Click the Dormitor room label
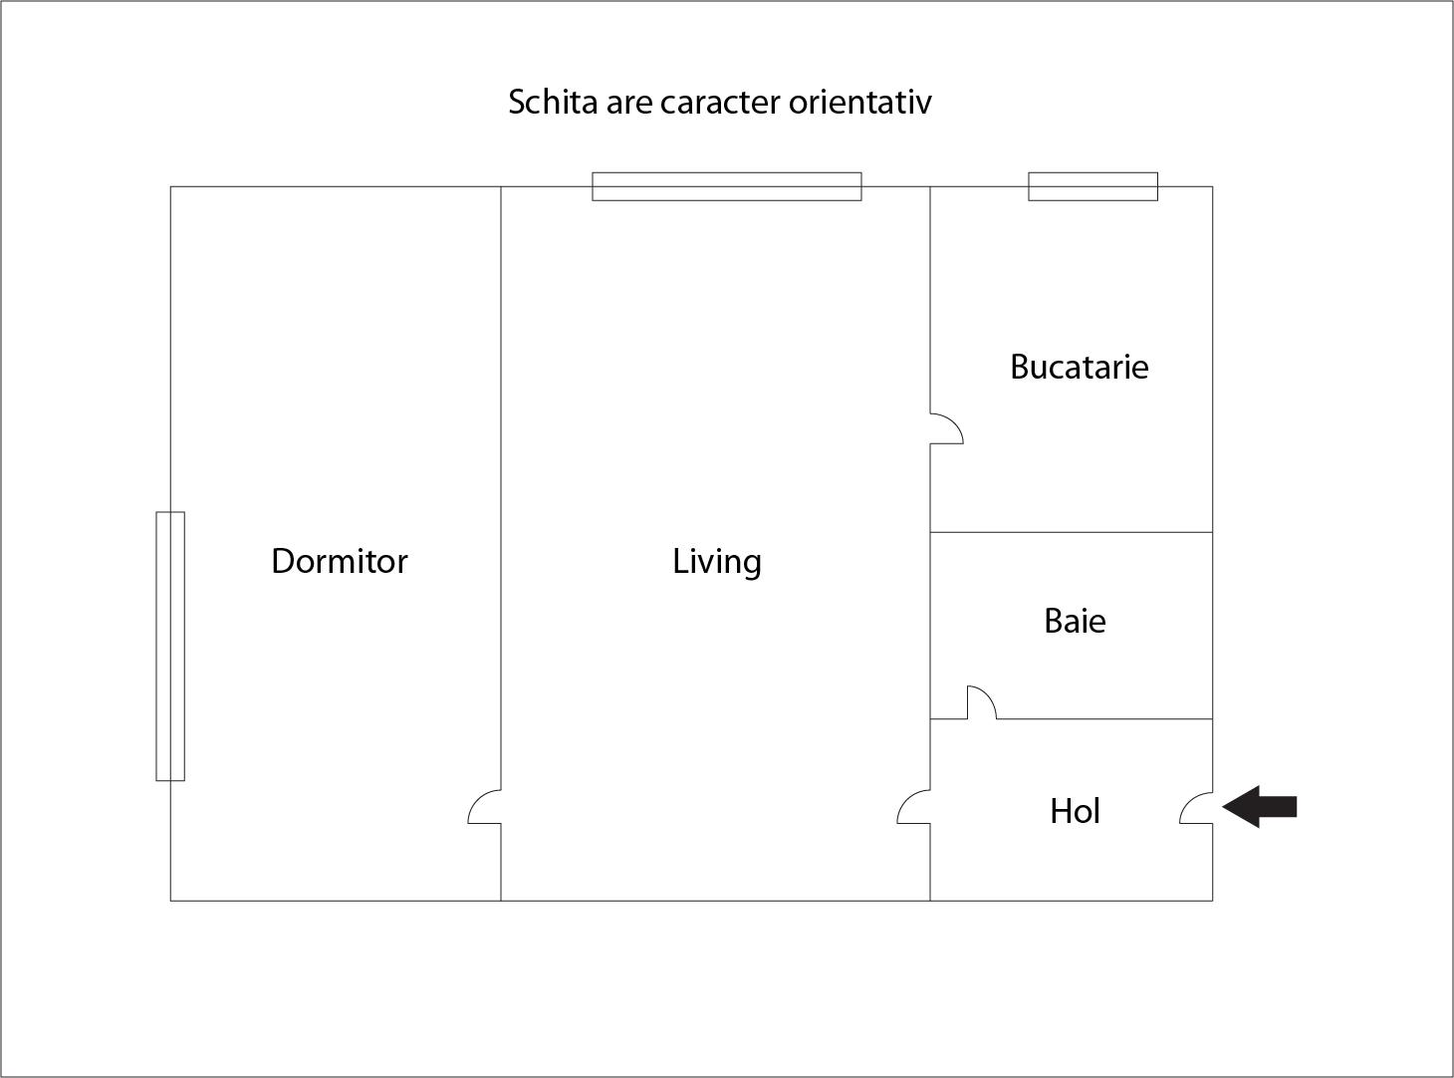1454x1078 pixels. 340,561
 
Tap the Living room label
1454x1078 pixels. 716,562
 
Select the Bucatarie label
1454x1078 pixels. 1079,367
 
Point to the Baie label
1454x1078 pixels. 1075,621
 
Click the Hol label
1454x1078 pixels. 1075,811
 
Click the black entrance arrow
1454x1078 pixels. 1260,806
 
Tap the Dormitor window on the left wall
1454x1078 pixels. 170,646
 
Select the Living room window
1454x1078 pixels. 726,186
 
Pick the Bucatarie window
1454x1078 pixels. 1092,186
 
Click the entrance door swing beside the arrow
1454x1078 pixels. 1196,809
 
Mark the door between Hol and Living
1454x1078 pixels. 914,808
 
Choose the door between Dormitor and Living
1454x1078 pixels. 485,808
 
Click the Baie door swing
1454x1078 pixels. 981,702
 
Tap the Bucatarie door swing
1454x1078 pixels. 946,428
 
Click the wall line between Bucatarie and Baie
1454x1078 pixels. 1071,532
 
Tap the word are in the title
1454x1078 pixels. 628,102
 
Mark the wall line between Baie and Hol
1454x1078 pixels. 1105,718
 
